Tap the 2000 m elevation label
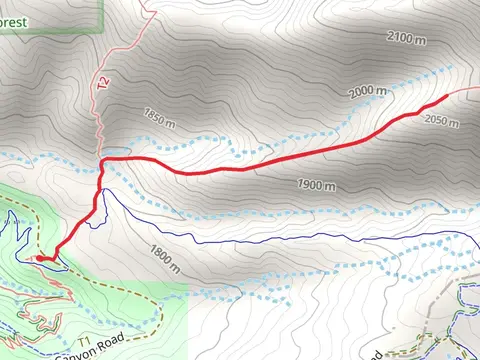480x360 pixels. [366, 91]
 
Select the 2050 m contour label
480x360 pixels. [440, 121]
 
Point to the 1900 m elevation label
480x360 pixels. [317, 186]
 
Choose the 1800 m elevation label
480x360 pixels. [164, 261]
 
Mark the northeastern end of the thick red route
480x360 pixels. [446, 97]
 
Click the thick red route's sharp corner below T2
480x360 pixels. [102, 159]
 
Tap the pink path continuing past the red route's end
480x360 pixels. [463, 90]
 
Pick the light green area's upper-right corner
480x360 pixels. [187, 284]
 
